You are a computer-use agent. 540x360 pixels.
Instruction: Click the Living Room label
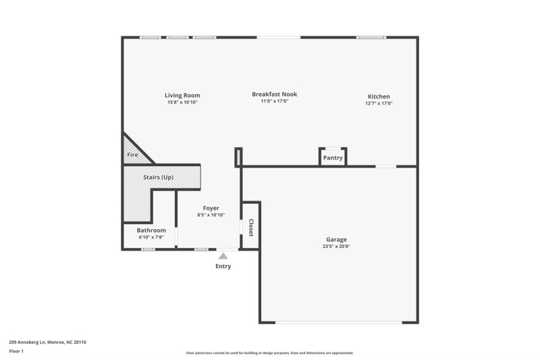tap(182, 95)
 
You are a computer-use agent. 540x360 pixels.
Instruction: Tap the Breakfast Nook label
tap(274, 95)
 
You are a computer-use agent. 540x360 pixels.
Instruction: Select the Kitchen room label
tap(379, 97)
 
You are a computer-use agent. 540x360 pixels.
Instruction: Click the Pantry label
tap(333, 158)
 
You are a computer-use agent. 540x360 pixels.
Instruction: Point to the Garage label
tap(336, 239)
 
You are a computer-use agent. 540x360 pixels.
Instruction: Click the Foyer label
tap(211, 208)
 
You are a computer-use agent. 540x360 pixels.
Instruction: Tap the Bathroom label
tap(151, 230)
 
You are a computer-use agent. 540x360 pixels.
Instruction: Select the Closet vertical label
tap(250, 228)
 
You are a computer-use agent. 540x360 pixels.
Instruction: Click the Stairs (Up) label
tap(159, 178)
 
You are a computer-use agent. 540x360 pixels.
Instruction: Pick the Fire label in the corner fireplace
tap(132, 155)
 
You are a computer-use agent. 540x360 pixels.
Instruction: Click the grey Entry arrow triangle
tap(223, 255)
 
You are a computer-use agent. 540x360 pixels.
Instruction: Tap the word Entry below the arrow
tap(223, 266)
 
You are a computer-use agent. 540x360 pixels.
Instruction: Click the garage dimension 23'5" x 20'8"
tap(336, 247)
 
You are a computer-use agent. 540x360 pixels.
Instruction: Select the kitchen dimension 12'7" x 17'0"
tap(379, 103)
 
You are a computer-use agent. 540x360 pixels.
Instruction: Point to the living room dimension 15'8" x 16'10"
tap(182, 102)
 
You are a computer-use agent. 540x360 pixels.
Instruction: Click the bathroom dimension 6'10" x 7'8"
tap(151, 237)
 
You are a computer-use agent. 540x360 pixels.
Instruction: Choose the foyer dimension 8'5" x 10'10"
tap(211, 215)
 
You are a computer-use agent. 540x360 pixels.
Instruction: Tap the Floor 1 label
tap(16, 351)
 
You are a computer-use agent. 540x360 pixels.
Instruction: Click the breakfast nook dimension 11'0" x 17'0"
tap(274, 101)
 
